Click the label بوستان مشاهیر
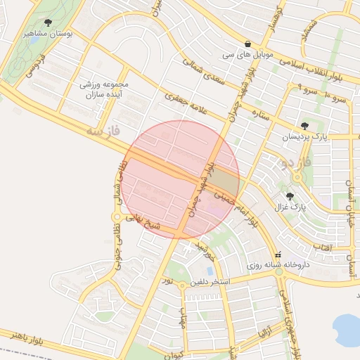pyautogui.click(x=46, y=33)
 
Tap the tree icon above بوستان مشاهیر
pyautogui.click(x=47, y=22)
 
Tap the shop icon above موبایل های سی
pyautogui.click(x=247, y=42)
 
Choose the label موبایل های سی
pyautogui.click(x=247, y=53)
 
